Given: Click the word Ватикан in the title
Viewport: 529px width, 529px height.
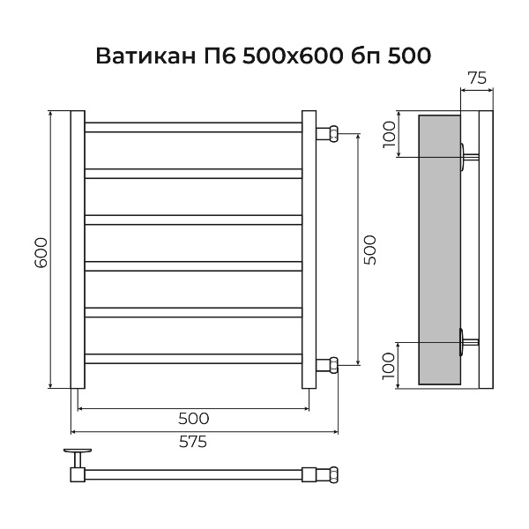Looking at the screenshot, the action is pyautogui.click(x=145, y=56).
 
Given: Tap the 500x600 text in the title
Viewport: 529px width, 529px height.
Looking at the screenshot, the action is pyautogui.click(x=291, y=56).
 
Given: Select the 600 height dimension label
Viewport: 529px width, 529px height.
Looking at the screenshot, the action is pyautogui.click(x=41, y=252).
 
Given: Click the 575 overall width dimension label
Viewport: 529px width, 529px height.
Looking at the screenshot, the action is pyautogui.click(x=192, y=442).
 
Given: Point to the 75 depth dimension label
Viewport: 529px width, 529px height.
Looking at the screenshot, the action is pyautogui.click(x=477, y=78).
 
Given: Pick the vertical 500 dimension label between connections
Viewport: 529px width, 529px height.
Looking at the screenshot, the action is pyautogui.click(x=369, y=250).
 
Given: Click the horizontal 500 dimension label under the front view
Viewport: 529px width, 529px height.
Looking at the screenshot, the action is pyautogui.click(x=194, y=419).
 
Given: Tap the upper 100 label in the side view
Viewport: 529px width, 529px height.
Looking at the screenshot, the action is pyautogui.click(x=389, y=134).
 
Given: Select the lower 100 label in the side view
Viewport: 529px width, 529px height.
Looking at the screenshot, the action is pyautogui.click(x=389, y=366).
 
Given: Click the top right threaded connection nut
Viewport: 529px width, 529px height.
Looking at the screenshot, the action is pyautogui.click(x=333, y=134).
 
